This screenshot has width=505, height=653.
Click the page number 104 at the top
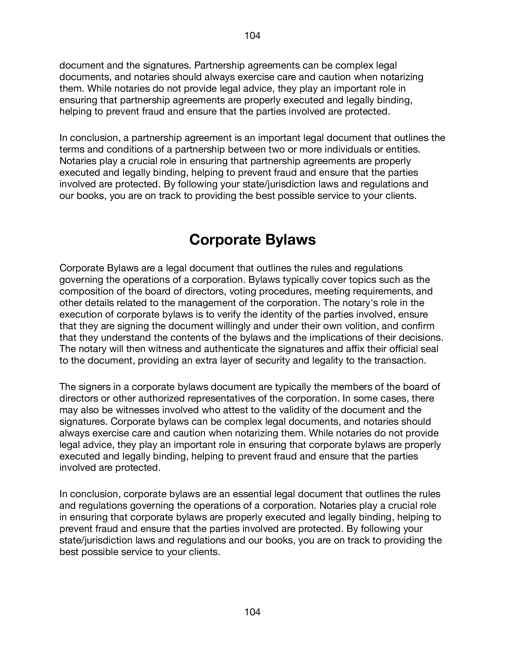(252, 36)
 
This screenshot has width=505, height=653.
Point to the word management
(205, 303)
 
